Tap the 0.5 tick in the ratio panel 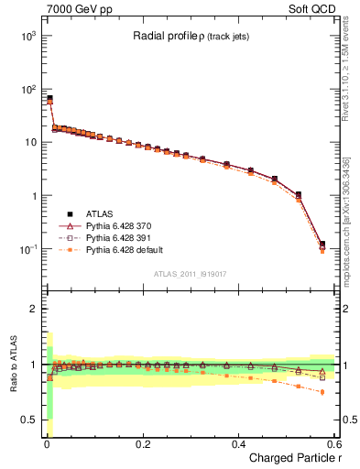coord(28,420)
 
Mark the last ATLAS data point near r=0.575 coord(322,245)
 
